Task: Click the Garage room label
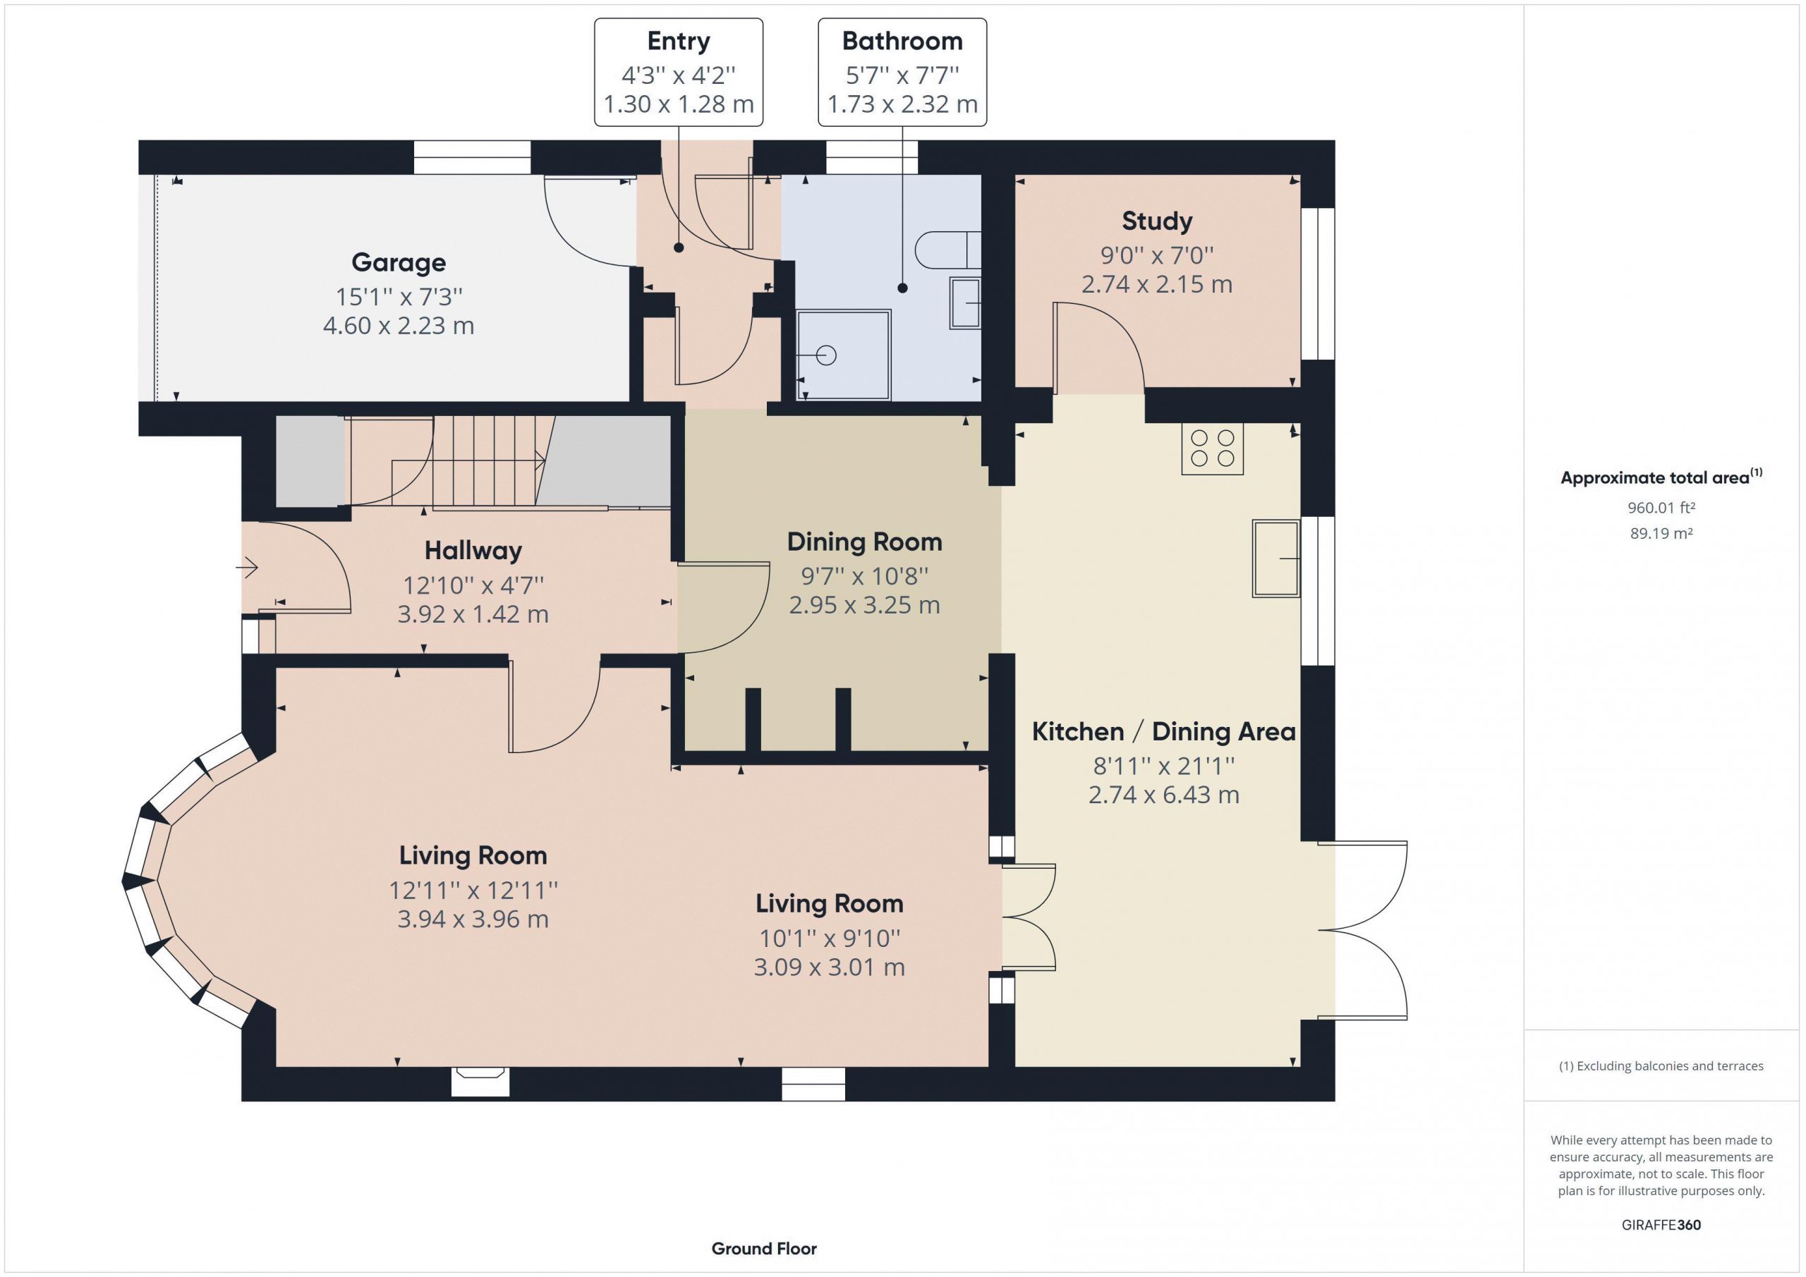[x=398, y=262]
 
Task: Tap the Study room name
[x=1156, y=221]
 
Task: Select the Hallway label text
[x=473, y=551]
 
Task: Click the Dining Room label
[x=864, y=542]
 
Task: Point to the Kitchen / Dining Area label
[x=1163, y=732]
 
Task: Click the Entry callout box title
[x=678, y=41]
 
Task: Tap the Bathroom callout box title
[x=902, y=41]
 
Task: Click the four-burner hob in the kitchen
[x=1212, y=449]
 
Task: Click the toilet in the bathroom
[x=948, y=250]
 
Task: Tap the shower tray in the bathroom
[x=844, y=355]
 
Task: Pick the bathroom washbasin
[x=965, y=303]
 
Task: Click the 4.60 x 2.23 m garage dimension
[x=398, y=326]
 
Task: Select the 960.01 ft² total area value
[x=1661, y=508]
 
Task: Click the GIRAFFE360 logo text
[x=1661, y=1224]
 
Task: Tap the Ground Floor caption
[x=764, y=1248]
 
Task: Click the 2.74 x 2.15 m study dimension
[x=1156, y=284]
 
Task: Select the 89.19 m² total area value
[x=1661, y=533]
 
